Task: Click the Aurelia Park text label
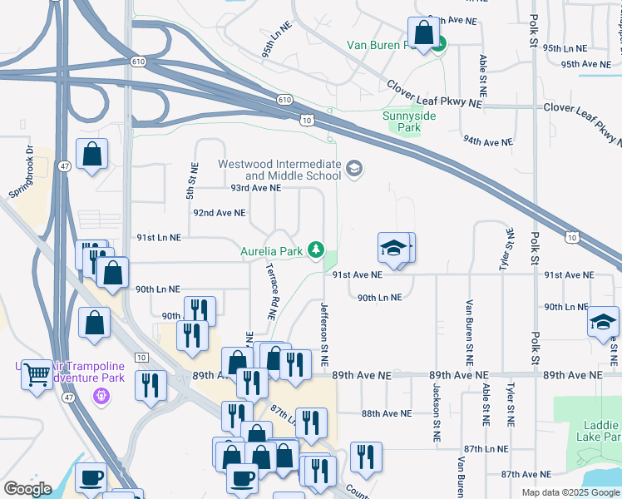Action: pos(271,249)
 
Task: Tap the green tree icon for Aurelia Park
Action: pos(316,249)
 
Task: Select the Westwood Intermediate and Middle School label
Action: pos(279,170)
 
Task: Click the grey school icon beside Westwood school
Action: pos(354,170)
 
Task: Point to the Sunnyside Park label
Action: pos(409,122)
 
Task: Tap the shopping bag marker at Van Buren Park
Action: pos(424,34)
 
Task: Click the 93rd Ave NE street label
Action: pos(255,189)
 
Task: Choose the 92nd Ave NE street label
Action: pos(219,213)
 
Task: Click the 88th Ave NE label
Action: pos(387,413)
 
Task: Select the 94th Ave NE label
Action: pos(488,142)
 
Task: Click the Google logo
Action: pos(27,489)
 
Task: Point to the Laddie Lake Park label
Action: pos(596,430)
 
